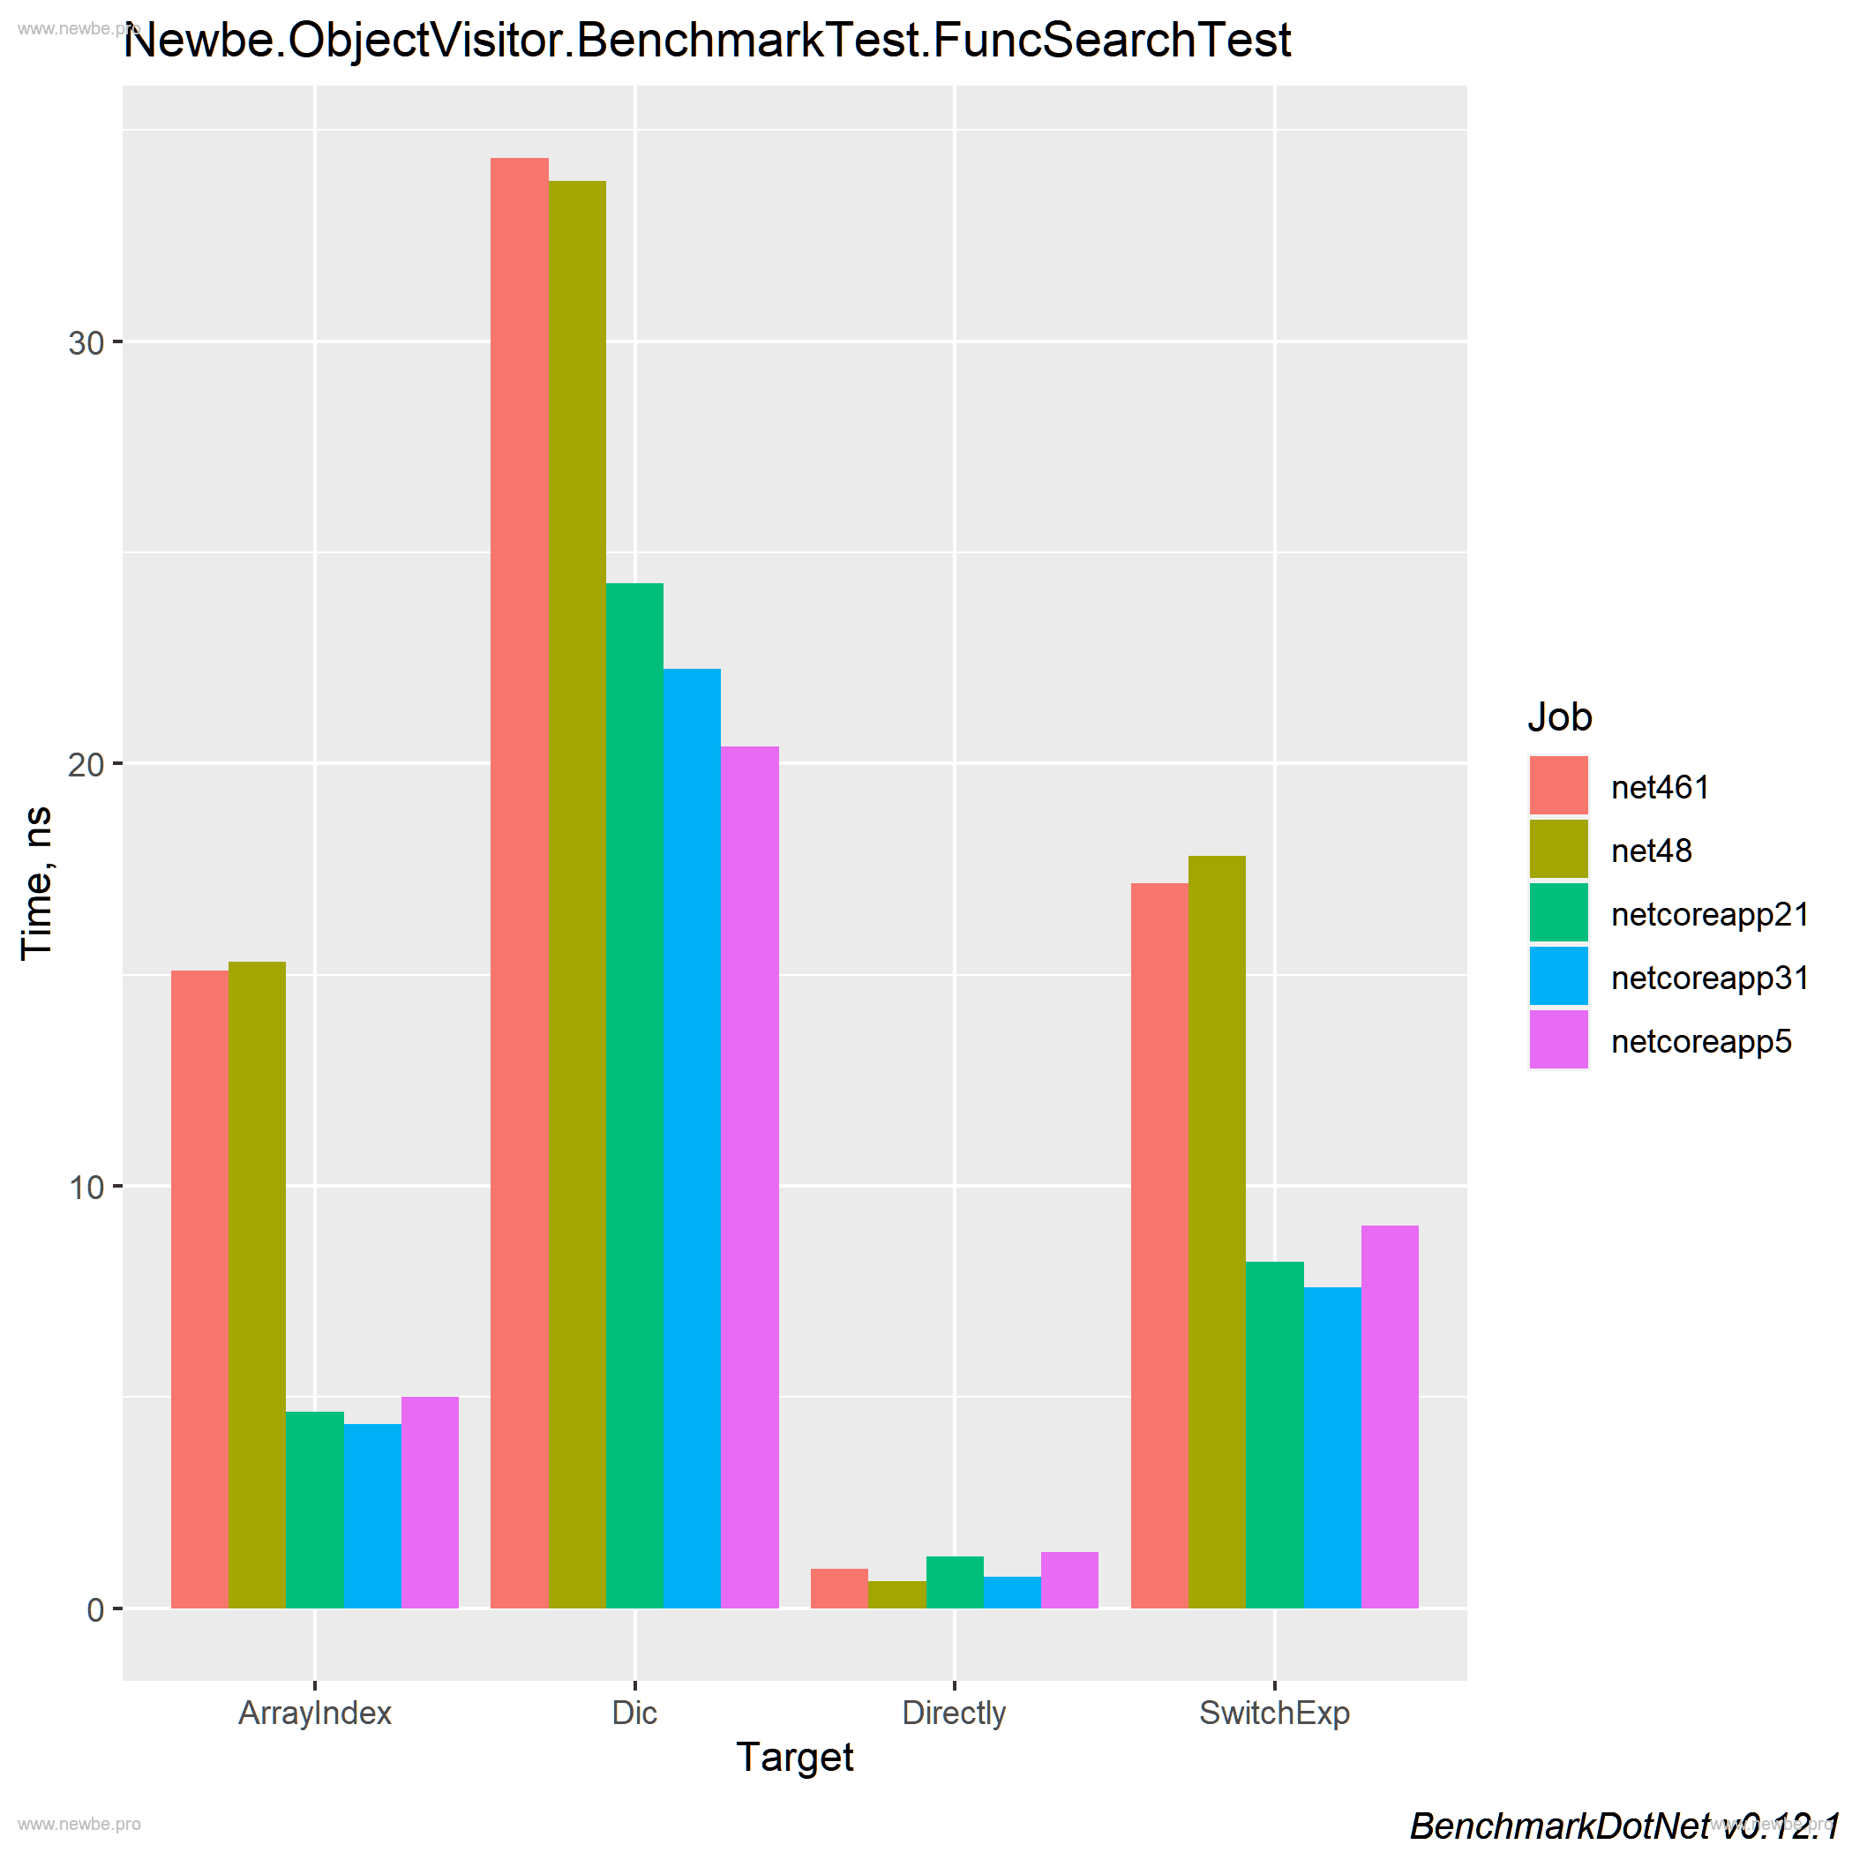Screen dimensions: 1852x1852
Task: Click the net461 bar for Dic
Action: [x=520, y=882]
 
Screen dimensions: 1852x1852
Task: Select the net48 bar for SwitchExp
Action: [x=1217, y=1232]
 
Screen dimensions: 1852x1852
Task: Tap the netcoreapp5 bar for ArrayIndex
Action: [x=430, y=1503]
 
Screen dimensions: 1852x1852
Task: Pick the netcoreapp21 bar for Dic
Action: [x=634, y=1095]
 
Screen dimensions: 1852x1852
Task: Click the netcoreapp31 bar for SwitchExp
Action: [x=1331, y=1448]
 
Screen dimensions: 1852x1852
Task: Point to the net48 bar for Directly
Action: [x=896, y=1595]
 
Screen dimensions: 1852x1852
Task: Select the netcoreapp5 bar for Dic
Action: [x=750, y=1177]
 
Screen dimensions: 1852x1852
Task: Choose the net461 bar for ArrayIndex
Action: [x=199, y=1289]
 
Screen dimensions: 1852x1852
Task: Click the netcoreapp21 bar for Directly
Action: [x=955, y=1583]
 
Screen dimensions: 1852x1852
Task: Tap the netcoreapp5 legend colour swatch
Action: [x=1559, y=1040]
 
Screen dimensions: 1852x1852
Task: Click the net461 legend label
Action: [x=1661, y=788]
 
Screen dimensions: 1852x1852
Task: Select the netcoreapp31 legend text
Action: [x=1709, y=978]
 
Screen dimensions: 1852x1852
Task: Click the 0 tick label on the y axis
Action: [x=95, y=1610]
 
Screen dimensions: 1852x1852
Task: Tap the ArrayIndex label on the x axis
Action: [x=314, y=1713]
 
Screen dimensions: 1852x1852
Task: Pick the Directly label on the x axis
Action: [x=954, y=1713]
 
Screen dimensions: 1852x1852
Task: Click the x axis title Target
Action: [x=795, y=1757]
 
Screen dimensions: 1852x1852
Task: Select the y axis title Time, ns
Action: [x=38, y=882]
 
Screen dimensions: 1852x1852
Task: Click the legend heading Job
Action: [x=1560, y=717]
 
